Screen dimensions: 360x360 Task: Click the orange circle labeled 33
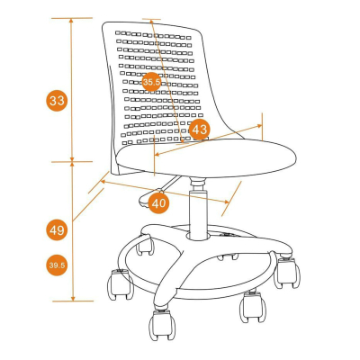coord(57,101)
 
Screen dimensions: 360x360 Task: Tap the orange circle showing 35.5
coord(151,82)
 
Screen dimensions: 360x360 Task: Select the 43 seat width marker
coord(200,130)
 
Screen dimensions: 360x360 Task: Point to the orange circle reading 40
coord(158,203)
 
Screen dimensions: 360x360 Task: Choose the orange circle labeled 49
coord(57,230)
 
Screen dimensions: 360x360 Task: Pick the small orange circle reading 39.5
coord(57,265)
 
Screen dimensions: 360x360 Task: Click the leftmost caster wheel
coord(120,284)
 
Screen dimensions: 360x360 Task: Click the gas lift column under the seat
coord(198,209)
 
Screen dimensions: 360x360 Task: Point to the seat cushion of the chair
coord(206,158)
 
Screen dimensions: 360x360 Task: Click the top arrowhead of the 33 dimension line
coord(71,21)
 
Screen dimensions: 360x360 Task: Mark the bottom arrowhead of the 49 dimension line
coord(73,298)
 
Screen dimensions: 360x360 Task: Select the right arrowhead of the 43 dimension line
coord(259,126)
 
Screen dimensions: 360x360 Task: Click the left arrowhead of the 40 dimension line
coord(103,182)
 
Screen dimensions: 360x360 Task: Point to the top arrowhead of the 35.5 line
coord(151,22)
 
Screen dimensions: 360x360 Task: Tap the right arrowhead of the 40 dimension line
coord(226,202)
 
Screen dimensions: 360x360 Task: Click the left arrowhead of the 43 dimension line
coord(157,154)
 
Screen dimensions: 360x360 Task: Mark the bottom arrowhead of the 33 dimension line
coord(72,159)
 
